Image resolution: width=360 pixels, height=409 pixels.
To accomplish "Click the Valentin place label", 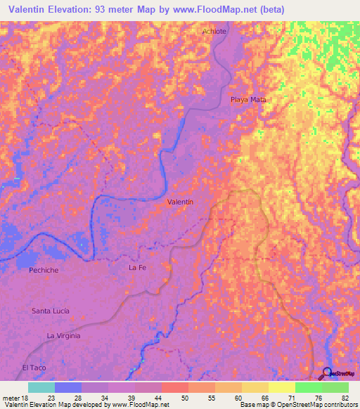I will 180,202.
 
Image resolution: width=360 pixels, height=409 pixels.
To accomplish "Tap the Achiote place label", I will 214,32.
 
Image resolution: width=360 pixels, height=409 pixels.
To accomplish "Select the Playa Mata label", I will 248,100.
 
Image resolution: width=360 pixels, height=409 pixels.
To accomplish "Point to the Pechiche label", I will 43,270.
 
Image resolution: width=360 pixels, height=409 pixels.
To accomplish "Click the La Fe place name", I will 136,268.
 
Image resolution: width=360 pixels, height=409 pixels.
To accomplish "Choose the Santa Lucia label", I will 51,311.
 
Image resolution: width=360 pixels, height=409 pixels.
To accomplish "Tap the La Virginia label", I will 63,336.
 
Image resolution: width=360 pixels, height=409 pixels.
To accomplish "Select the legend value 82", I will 344,397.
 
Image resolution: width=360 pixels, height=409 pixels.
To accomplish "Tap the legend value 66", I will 264,397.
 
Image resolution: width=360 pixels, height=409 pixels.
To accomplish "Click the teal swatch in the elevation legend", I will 41,387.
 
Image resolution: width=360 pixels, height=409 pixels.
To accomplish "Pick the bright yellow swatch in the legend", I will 281,387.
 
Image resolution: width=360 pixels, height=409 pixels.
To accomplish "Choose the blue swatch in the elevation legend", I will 68,387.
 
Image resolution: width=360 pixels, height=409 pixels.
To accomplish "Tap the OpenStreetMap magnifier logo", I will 328,373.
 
